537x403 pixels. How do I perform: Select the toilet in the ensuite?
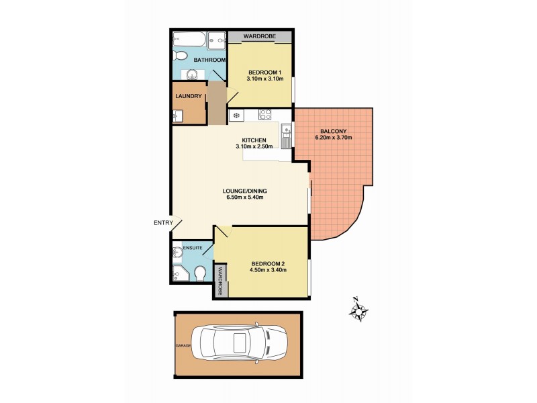(199, 273)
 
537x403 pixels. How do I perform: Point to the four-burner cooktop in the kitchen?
(236, 116)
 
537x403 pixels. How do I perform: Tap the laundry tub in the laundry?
(177, 117)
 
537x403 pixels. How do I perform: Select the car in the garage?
(238, 344)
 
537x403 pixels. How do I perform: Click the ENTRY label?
(163, 223)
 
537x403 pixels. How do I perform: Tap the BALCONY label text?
(334, 130)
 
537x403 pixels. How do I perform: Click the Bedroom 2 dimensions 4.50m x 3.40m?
(269, 270)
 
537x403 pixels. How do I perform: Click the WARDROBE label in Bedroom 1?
(260, 36)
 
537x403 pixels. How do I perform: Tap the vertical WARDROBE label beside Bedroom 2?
(219, 281)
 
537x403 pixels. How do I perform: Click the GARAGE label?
(183, 345)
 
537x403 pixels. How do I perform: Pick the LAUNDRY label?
(189, 96)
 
